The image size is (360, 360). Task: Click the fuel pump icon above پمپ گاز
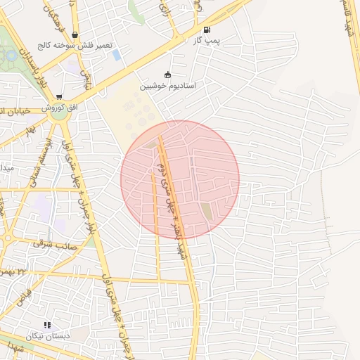pyautogui.click(x=207, y=30)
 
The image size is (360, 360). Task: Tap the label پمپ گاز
pyautogui.click(x=207, y=41)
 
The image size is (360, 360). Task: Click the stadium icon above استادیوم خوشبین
pyautogui.click(x=167, y=75)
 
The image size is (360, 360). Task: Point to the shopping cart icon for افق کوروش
pyautogui.click(x=59, y=97)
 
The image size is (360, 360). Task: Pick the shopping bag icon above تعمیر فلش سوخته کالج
pyautogui.click(x=75, y=34)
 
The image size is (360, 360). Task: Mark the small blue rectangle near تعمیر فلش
pyautogui.click(x=117, y=54)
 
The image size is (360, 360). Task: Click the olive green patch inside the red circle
pyautogui.click(x=206, y=210)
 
